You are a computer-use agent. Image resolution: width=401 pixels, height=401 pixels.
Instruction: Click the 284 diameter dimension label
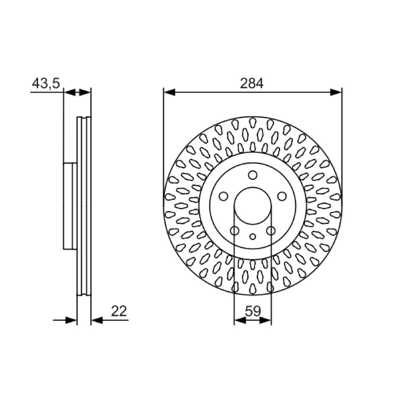tap(252, 83)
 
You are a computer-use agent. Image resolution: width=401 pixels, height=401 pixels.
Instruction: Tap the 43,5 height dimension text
tap(46, 83)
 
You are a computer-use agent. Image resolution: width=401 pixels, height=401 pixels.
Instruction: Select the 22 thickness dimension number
tap(119, 311)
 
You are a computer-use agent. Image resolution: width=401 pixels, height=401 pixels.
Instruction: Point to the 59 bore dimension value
tap(253, 311)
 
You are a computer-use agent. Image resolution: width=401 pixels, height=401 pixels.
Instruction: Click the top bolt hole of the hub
tap(253, 175)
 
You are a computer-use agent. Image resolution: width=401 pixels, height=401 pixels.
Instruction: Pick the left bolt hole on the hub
tap(224, 196)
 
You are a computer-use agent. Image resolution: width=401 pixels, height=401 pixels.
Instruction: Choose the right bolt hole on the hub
tap(282, 196)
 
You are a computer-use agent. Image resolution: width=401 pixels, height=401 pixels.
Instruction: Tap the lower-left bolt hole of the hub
tap(235, 231)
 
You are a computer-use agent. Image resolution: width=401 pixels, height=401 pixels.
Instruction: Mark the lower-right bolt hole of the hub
tap(271, 231)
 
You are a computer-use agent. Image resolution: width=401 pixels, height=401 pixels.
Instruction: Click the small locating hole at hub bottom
tap(253, 237)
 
